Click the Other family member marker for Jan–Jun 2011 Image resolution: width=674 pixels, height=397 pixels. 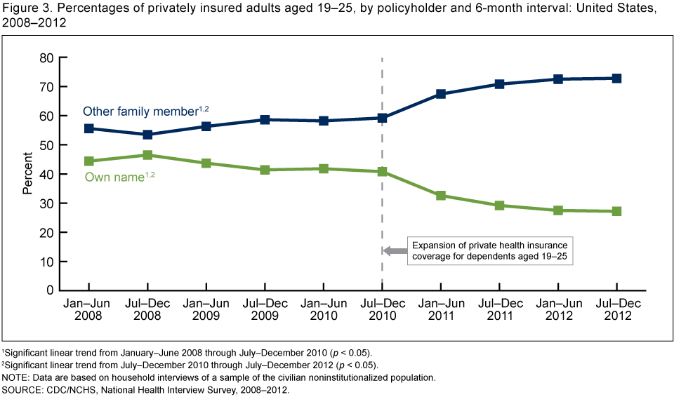click(x=440, y=93)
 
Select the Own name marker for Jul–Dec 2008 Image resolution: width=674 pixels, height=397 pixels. click(x=147, y=155)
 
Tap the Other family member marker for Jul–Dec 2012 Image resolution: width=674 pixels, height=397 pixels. click(x=616, y=79)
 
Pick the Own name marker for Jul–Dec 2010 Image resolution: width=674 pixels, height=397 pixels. click(x=382, y=171)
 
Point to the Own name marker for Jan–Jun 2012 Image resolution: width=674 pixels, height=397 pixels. click(x=557, y=210)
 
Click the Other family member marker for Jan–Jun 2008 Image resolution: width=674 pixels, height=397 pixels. click(x=89, y=128)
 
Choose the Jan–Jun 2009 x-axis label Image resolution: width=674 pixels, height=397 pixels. click(x=206, y=309)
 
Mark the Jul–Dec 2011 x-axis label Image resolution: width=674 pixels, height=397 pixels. click(x=499, y=309)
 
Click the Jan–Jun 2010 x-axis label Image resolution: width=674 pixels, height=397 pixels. click(x=323, y=309)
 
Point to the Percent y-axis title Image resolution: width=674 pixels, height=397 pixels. click(x=27, y=174)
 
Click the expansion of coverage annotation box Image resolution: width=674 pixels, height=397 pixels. click(x=489, y=250)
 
